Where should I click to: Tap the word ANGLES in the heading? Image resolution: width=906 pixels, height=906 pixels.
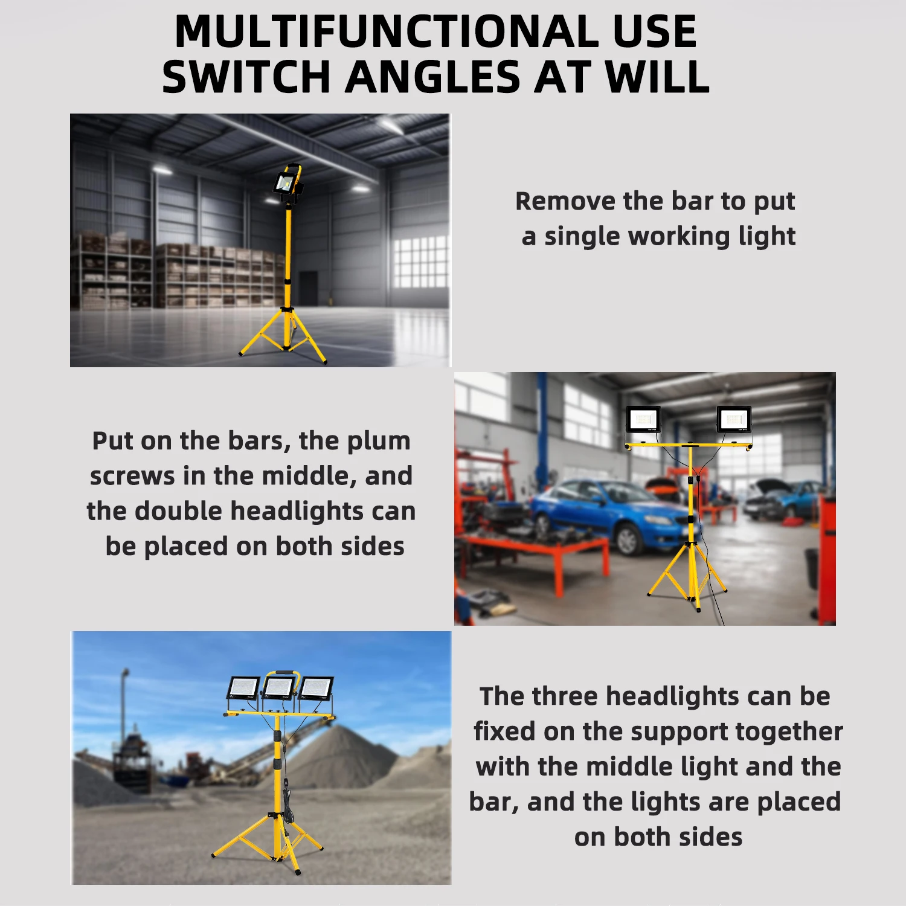(433, 77)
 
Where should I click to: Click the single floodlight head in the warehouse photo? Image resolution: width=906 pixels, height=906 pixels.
(285, 182)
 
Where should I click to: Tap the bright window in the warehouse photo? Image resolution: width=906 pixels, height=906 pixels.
(420, 262)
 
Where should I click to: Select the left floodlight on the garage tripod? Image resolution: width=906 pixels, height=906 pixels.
(643, 420)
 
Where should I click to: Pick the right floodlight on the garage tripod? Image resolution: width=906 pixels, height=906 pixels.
(734, 419)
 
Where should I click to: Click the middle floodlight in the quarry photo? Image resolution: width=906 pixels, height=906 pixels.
(279, 688)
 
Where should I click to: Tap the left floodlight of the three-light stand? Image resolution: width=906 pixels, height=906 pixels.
(243, 688)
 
